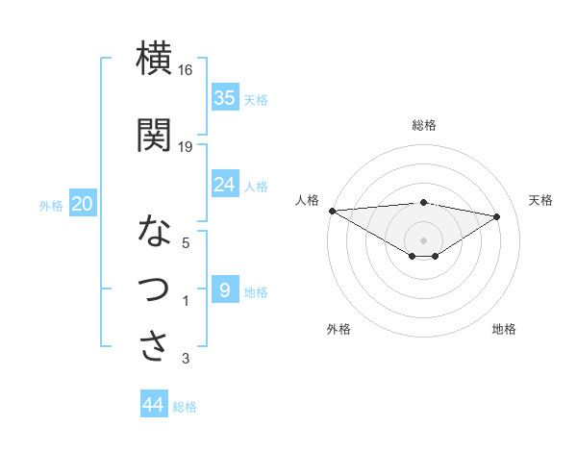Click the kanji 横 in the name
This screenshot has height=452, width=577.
[x=155, y=58]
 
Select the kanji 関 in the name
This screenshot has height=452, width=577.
[x=155, y=135]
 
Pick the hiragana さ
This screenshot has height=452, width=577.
[x=155, y=345]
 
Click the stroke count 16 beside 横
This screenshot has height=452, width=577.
[x=186, y=70]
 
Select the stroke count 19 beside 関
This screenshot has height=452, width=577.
[x=186, y=146]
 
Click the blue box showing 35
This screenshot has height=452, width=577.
[x=225, y=97]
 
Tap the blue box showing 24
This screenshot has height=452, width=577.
[x=225, y=185]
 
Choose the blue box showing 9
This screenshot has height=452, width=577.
[x=225, y=289]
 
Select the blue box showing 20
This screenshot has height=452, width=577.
[x=83, y=204]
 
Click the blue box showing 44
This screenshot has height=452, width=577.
[x=154, y=405]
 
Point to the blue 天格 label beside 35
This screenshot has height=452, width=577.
[x=256, y=99]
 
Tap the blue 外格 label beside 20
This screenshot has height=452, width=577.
[x=51, y=205]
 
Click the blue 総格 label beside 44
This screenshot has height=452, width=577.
[x=185, y=407]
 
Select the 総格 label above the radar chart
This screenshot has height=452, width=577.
[x=424, y=125]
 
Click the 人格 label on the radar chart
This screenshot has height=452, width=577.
[x=309, y=200]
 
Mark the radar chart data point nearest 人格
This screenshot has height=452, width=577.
[x=332, y=211]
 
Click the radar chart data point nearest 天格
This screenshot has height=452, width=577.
[x=497, y=216]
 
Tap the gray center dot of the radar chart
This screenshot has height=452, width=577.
[x=423, y=239]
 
